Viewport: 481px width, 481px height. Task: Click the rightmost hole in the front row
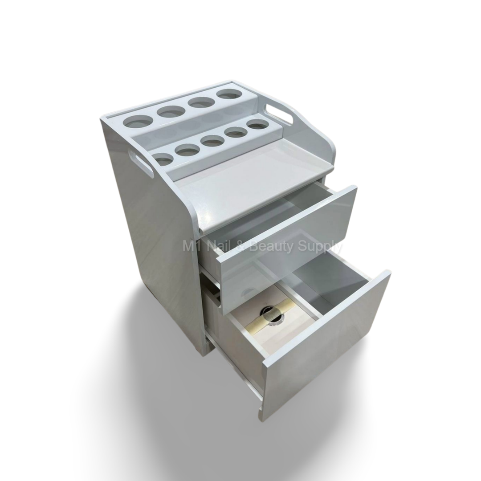point(257,125)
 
